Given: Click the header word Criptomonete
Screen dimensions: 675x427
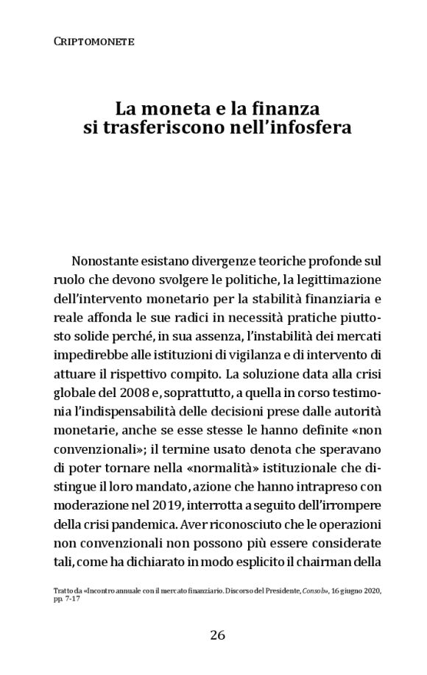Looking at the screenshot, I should (93, 43).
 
